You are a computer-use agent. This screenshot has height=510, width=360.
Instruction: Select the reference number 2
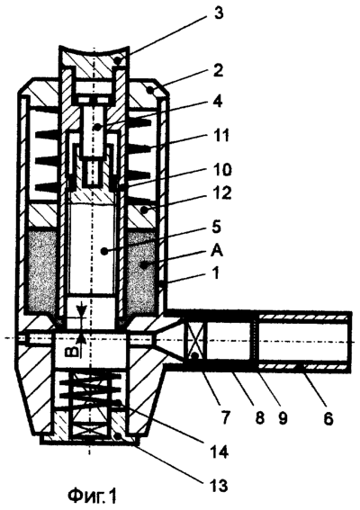pos(217,70)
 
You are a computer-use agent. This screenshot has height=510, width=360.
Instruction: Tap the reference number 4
pos(217,102)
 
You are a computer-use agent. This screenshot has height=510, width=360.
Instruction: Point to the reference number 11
pos(220,136)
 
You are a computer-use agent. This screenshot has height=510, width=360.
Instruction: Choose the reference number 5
pos(215,227)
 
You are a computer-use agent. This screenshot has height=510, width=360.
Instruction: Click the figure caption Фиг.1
pos(92,496)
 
